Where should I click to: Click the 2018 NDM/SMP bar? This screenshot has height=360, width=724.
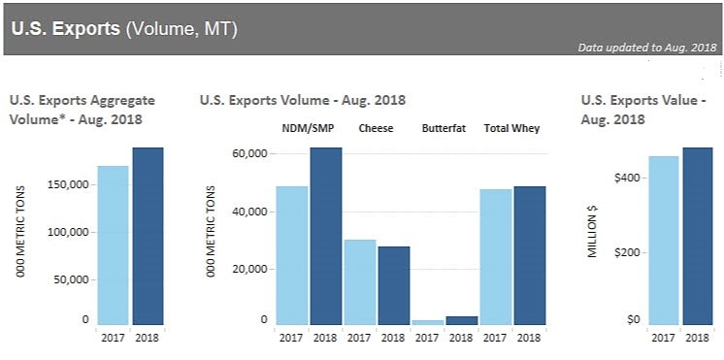(x=326, y=236)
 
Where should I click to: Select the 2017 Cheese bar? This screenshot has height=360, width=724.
(x=360, y=282)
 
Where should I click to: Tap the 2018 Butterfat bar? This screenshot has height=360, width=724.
(x=462, y=320)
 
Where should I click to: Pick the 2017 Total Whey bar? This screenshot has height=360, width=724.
(x=496, y=256)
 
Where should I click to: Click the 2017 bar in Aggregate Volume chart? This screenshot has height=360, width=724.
(x=114, y=245)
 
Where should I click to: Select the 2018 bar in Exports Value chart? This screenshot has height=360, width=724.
(x=698, y=236)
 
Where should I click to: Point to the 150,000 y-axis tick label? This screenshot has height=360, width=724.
(x=69, y=184)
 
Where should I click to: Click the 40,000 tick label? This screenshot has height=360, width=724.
(x=247, y=212)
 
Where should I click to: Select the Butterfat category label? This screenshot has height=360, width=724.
(x=444, y=128)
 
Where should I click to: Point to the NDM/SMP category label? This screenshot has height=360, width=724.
(x=308, y=128)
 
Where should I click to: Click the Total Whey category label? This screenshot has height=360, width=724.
(x=511, y=128)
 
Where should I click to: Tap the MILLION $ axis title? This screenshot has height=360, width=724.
(x=592, y=231)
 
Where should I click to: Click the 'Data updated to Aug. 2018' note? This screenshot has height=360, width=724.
(x=647, y=48)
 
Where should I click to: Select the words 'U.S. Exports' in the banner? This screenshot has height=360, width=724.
(x=66, y=29)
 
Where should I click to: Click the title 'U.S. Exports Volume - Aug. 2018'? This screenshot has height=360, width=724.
(x=303, y=100)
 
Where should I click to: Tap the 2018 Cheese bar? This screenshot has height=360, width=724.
(x=394, y=285)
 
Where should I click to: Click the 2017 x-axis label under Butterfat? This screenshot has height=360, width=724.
(x=428, y=338)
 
